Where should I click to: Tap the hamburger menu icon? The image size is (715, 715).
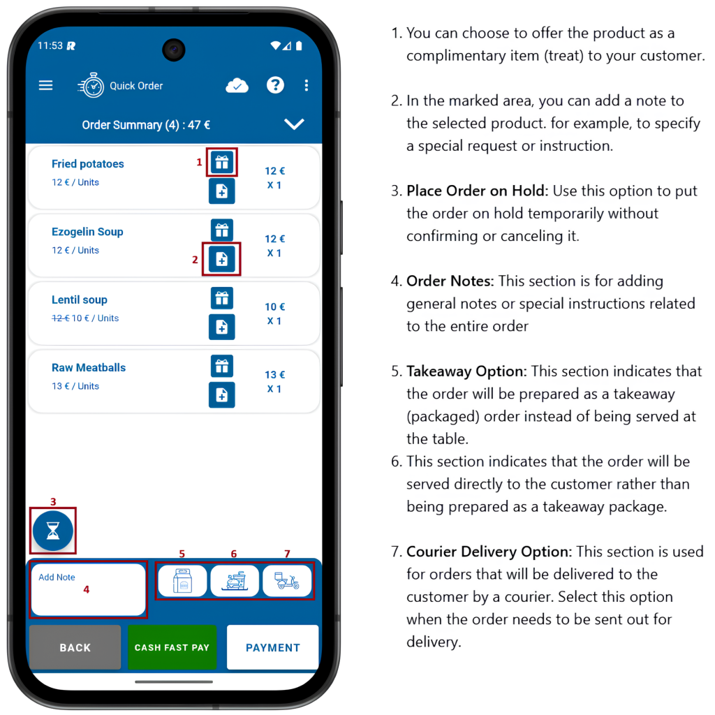pos(45,85)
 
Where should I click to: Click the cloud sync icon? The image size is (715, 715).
pos(237,85)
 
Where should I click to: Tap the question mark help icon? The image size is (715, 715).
pos(275,84)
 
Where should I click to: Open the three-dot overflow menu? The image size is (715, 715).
pos(307,85)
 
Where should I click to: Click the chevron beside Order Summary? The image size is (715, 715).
pos(294,124)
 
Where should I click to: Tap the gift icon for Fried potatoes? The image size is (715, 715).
pos(222,162)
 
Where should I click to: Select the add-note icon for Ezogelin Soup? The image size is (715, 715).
pos(222,259)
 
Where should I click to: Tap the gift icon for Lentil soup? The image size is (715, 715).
pos(222,297)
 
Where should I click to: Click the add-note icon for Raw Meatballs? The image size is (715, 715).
pos(222,395)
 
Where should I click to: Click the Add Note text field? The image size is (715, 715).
pos(88,589)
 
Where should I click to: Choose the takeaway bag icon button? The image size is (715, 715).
pos(182,580)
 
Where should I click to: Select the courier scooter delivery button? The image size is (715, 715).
pos(287,580)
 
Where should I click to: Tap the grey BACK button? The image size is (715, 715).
pos(75,647)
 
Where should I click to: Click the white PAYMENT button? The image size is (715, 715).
pos(273,647)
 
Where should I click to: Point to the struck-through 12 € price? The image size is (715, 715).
pos(60,318)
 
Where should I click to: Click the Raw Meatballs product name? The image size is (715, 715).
pos(89,367)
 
